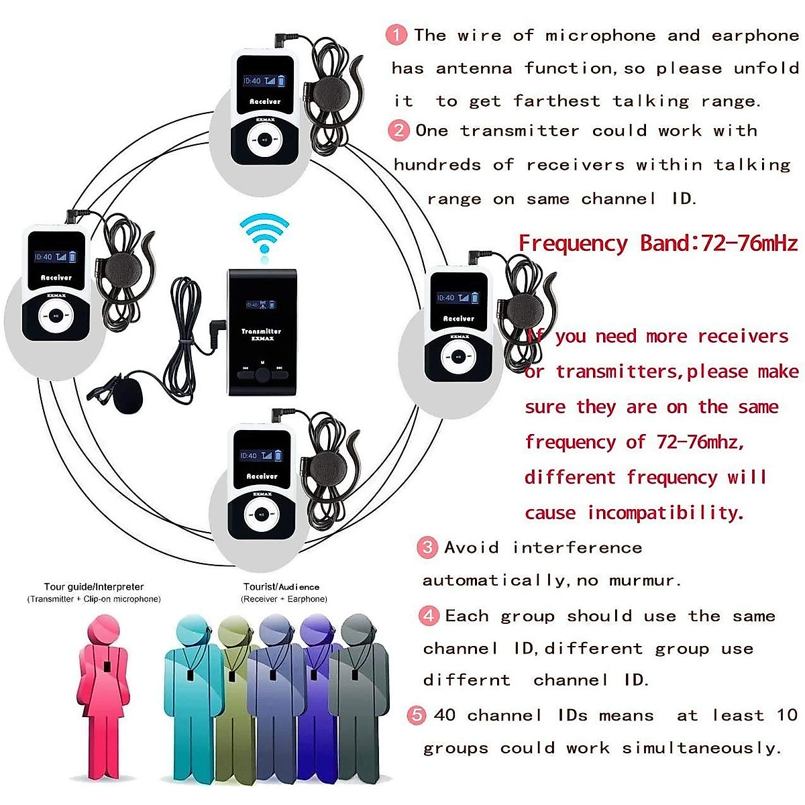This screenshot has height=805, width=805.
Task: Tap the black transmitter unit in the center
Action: (262, 332)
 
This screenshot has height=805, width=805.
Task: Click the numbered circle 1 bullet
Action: (396, 35)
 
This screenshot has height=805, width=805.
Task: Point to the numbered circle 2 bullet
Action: (398, 130)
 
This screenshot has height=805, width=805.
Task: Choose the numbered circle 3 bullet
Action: (427, 547)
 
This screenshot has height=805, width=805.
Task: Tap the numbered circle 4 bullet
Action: (429, 616)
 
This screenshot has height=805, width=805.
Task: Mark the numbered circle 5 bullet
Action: (417, 715)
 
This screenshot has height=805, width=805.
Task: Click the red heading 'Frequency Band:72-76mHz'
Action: (658, 243)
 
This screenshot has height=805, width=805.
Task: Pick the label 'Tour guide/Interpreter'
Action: (94, 587)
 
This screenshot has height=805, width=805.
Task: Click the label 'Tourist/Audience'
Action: (281, 587)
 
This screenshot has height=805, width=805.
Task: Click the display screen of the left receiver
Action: (56, 257)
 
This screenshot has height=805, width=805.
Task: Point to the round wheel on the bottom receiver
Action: (262, 515)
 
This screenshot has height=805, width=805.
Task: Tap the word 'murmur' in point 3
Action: (645, 580)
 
